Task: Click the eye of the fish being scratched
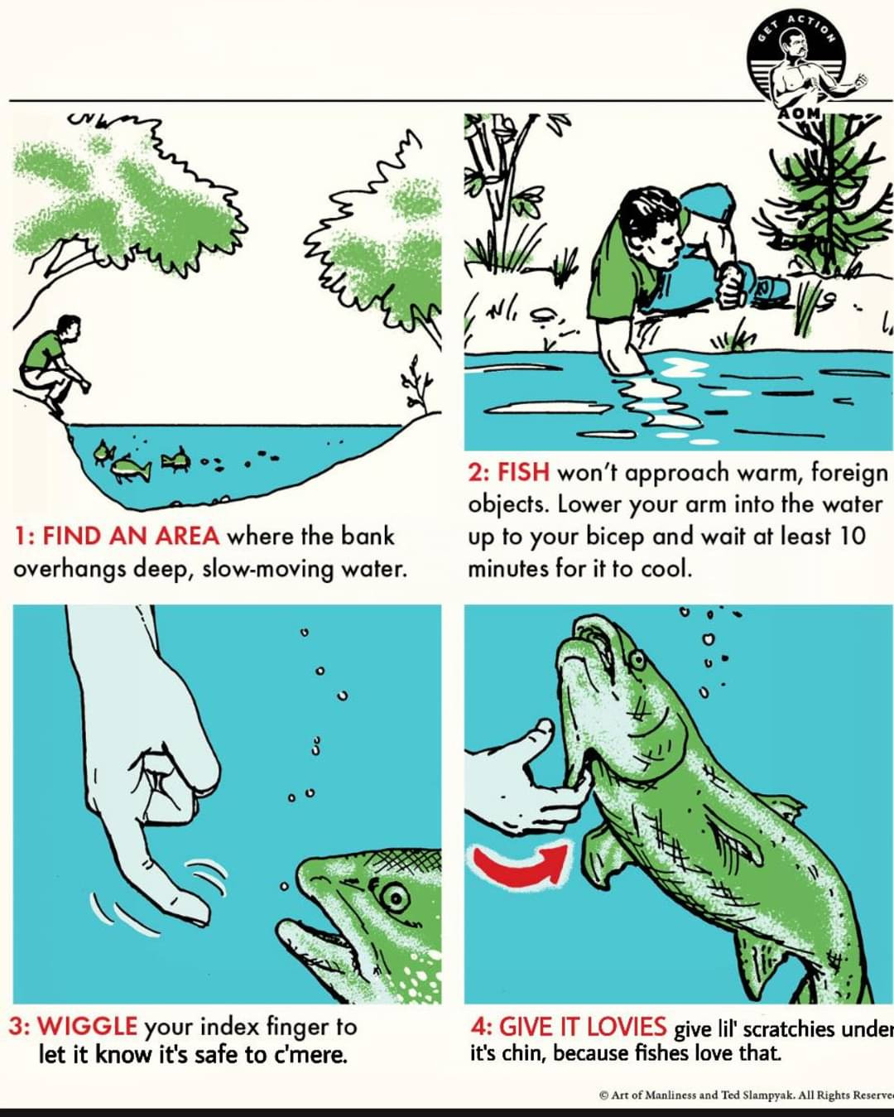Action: [637, 661]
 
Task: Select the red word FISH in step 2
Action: [523, 473]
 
